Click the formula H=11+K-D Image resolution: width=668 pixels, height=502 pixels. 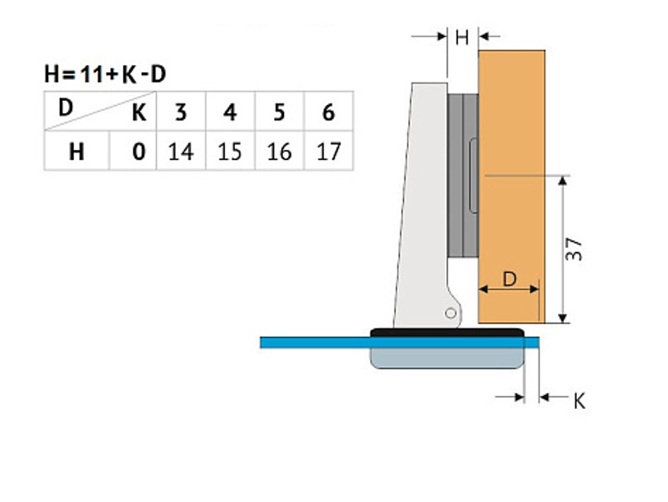pos(105,75)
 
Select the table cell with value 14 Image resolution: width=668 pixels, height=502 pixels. pos(180,152)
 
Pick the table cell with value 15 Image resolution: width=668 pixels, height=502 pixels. pos(230,152)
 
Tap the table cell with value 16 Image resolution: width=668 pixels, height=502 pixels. pos(279,152)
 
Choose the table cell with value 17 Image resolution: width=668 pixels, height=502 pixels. pos(328,152)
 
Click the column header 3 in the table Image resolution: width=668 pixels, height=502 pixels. pos(180,112)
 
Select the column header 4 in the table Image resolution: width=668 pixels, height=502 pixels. pos(230,112)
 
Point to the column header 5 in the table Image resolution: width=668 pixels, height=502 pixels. pos(279,112)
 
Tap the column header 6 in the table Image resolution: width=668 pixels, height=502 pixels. pos(328,112)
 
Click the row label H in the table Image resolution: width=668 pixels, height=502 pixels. pos(77,152)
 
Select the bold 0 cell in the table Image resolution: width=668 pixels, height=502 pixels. pos(138,152)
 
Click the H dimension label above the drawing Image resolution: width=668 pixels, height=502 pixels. pos(462,37)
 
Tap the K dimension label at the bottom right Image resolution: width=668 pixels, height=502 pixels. pos(579,401)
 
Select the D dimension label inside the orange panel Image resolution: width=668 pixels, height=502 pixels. pos(510,279)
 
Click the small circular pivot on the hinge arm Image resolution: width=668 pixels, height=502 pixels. pos(451,313)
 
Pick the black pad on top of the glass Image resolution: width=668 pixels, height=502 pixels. pos(446,332)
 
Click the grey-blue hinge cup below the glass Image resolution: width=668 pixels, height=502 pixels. pos(446,358)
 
